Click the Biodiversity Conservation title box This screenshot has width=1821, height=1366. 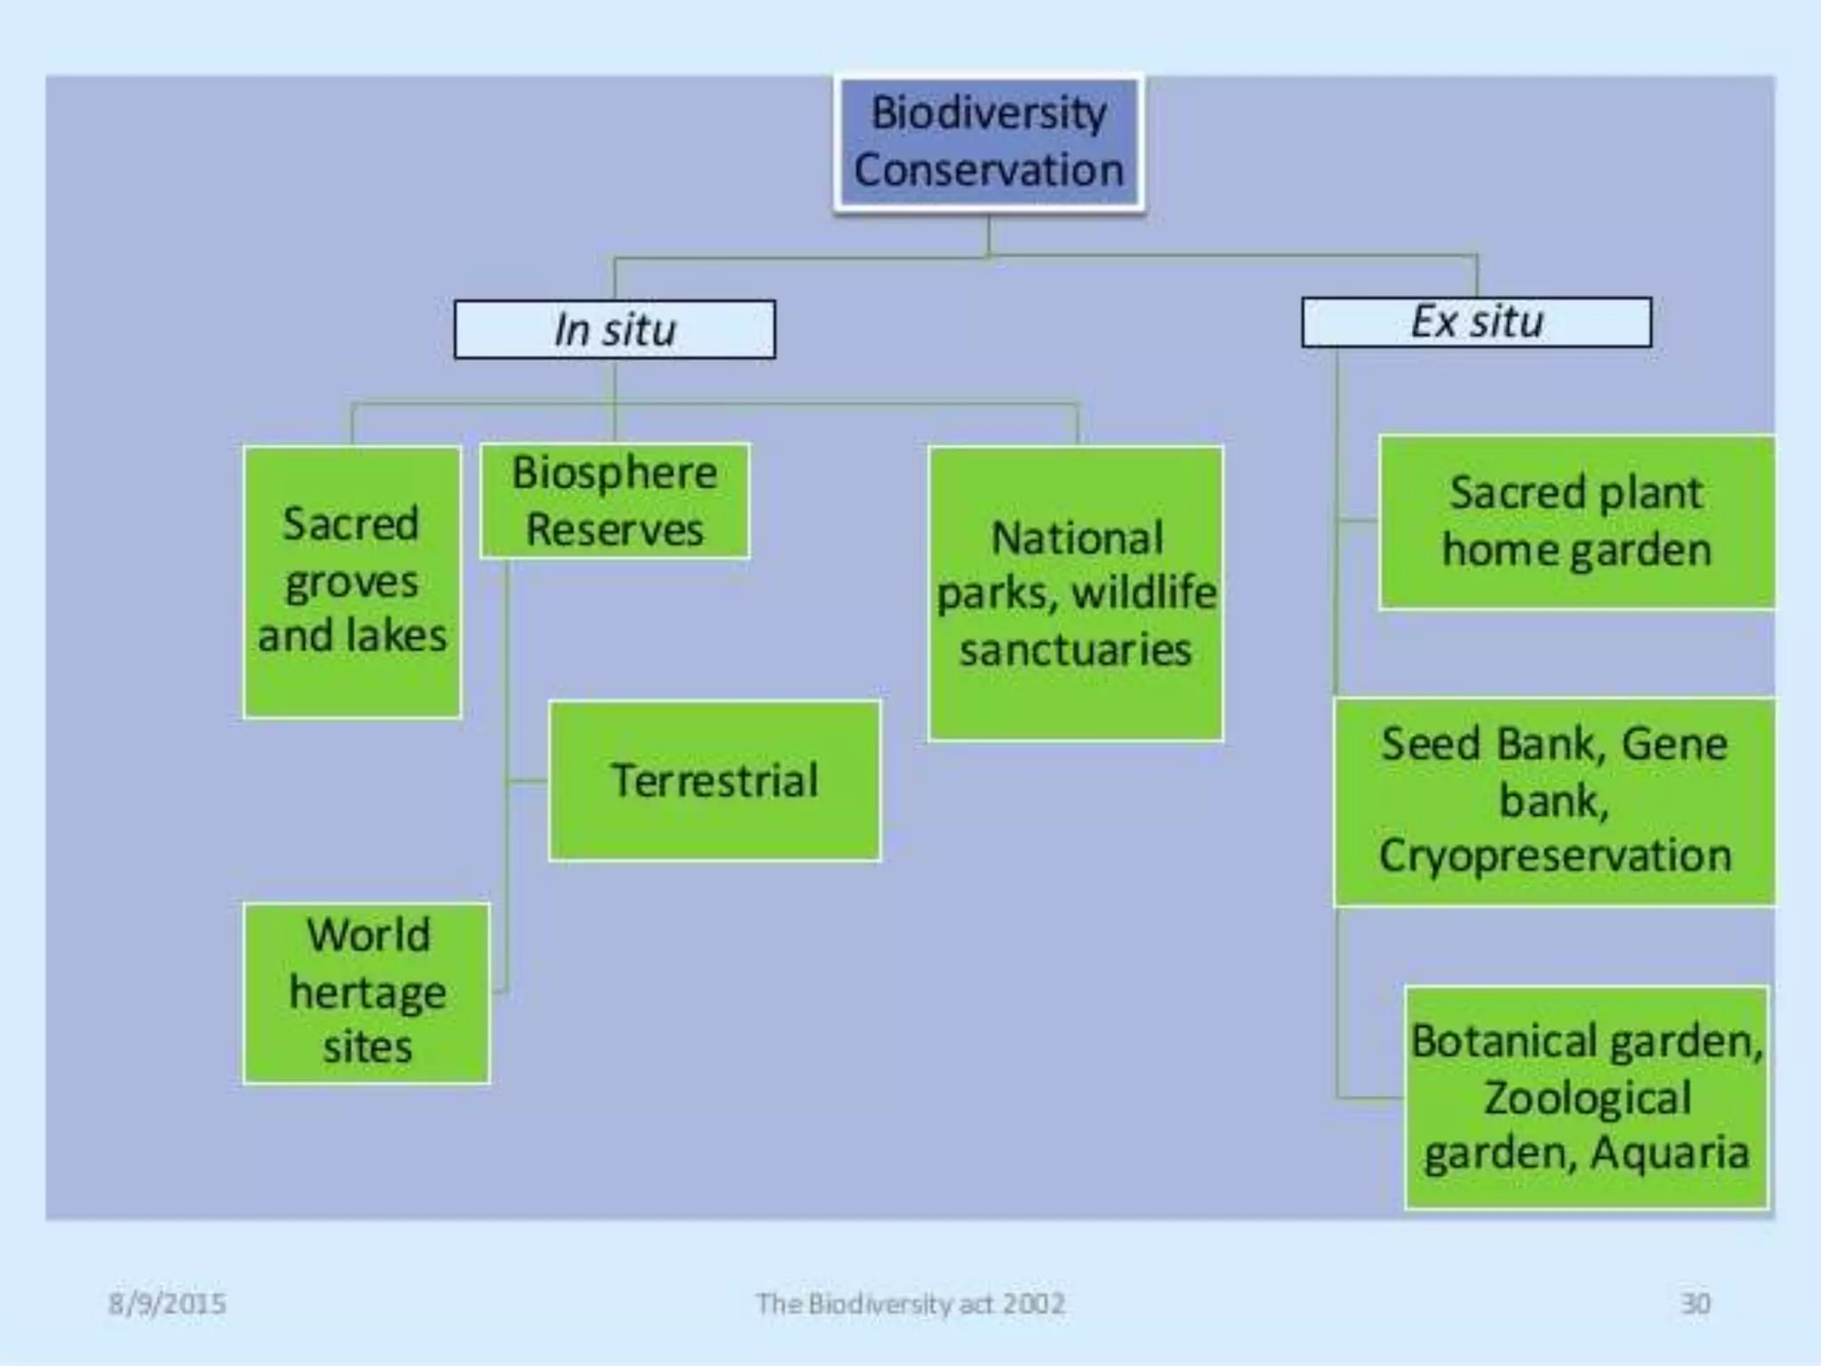[x=989, y=142]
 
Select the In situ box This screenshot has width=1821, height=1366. [x=614, y=330]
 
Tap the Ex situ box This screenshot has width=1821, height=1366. [x=1477, y=322]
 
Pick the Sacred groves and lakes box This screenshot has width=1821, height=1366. [x=352, y=582]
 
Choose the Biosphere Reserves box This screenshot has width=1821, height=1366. [x=614, y=501]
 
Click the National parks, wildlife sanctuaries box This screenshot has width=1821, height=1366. [x=1076, y=593]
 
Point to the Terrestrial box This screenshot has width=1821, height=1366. [x=715, y=781]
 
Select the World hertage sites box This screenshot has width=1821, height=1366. [x=366, y=992]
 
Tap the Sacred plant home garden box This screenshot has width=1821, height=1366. [x=1576, y=522]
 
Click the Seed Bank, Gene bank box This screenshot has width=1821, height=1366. [x=1554, y=800]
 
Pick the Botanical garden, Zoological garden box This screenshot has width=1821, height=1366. [x=1586, y=1097]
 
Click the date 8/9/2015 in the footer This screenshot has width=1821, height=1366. [x=167, y=1304]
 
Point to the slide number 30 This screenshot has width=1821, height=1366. [x=1695, y=1304]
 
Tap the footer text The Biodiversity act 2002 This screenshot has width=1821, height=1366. [x=910, y=1304]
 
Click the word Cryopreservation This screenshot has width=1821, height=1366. [x=1555, y=856]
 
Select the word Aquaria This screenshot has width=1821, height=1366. [x=1669, y=1153]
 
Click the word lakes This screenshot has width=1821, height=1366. [x=397, y=636]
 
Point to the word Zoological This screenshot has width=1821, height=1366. [x=1586, y=1097]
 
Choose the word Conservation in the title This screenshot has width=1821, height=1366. [x=989, y=170]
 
